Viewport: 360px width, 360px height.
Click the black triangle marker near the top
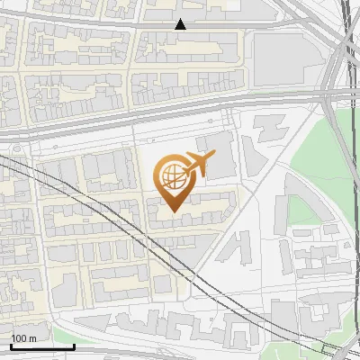(181, 24)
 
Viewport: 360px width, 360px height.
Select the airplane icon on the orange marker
(197, 165)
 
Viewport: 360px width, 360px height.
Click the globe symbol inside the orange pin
(171, 176)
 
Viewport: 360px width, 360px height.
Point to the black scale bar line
(41, 346)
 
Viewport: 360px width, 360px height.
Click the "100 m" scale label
(24, 338)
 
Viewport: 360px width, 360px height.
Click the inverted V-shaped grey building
(238, 247)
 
